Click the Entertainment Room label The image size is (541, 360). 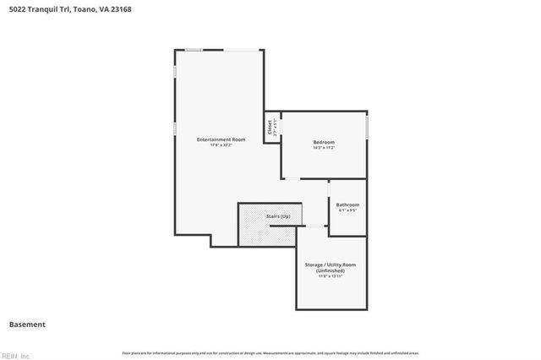(221, 139)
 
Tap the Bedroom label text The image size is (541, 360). (324, 142)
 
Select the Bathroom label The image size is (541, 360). (347, 205)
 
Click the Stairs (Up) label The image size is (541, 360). (278, 217)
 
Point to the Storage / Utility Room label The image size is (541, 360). (330, 265)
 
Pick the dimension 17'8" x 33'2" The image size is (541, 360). (221, 145)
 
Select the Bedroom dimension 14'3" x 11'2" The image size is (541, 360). (324, 148)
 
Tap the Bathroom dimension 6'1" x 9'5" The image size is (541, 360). (347, 210)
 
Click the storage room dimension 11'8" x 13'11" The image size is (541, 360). (330, 275)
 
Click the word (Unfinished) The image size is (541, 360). (330, 270)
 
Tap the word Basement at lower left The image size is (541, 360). (27, 325)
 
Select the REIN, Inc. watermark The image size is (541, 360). (15, 355)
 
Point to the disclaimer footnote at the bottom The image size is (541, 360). (270, 352)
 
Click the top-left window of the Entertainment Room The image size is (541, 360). (194, 50)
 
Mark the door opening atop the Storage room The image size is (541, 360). (315, 226)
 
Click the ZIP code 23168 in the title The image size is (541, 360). (120, 9)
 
